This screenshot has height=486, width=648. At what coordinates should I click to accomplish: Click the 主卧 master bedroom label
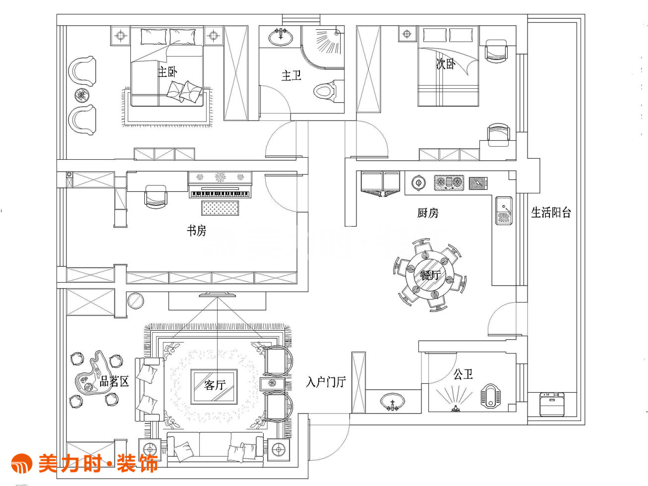pos(167,72)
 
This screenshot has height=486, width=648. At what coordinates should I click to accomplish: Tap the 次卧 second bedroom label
pos(446,63)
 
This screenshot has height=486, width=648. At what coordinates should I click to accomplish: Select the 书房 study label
pos(197,231)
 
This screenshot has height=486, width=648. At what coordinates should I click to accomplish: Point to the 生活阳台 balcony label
pos(551,213)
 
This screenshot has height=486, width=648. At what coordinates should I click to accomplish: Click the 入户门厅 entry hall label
pos(326,382)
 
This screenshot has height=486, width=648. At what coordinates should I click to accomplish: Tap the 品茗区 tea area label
pos(114,381)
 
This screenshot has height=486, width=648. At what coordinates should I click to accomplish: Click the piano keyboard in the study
pos(220,194)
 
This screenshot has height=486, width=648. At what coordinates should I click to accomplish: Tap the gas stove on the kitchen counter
pos(449,183)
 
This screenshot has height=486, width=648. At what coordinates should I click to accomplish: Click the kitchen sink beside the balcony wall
pos(504,211)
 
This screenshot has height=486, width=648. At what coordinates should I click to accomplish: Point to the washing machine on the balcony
pos(552,404)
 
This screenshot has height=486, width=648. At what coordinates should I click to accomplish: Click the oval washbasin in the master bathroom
pos(281,37)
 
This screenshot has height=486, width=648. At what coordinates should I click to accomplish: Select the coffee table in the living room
pos(214,386)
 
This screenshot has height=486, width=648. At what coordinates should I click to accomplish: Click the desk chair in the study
pos(156,196)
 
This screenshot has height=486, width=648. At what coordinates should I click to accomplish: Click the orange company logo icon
pos(22,463)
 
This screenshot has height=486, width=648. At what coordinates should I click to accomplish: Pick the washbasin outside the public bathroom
pos(392,402)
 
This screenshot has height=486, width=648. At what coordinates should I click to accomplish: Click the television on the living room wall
pos(218,295)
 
